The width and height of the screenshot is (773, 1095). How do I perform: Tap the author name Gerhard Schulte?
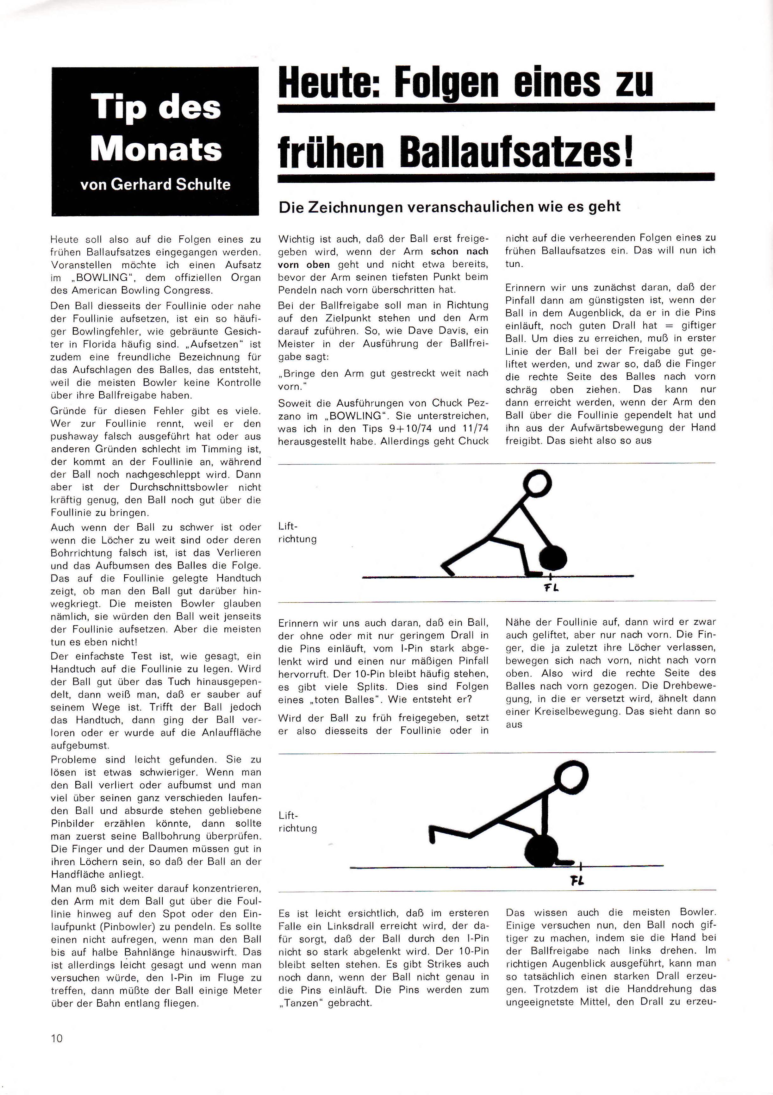coord(170,184)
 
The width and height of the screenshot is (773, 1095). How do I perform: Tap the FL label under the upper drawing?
coord(551,588)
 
